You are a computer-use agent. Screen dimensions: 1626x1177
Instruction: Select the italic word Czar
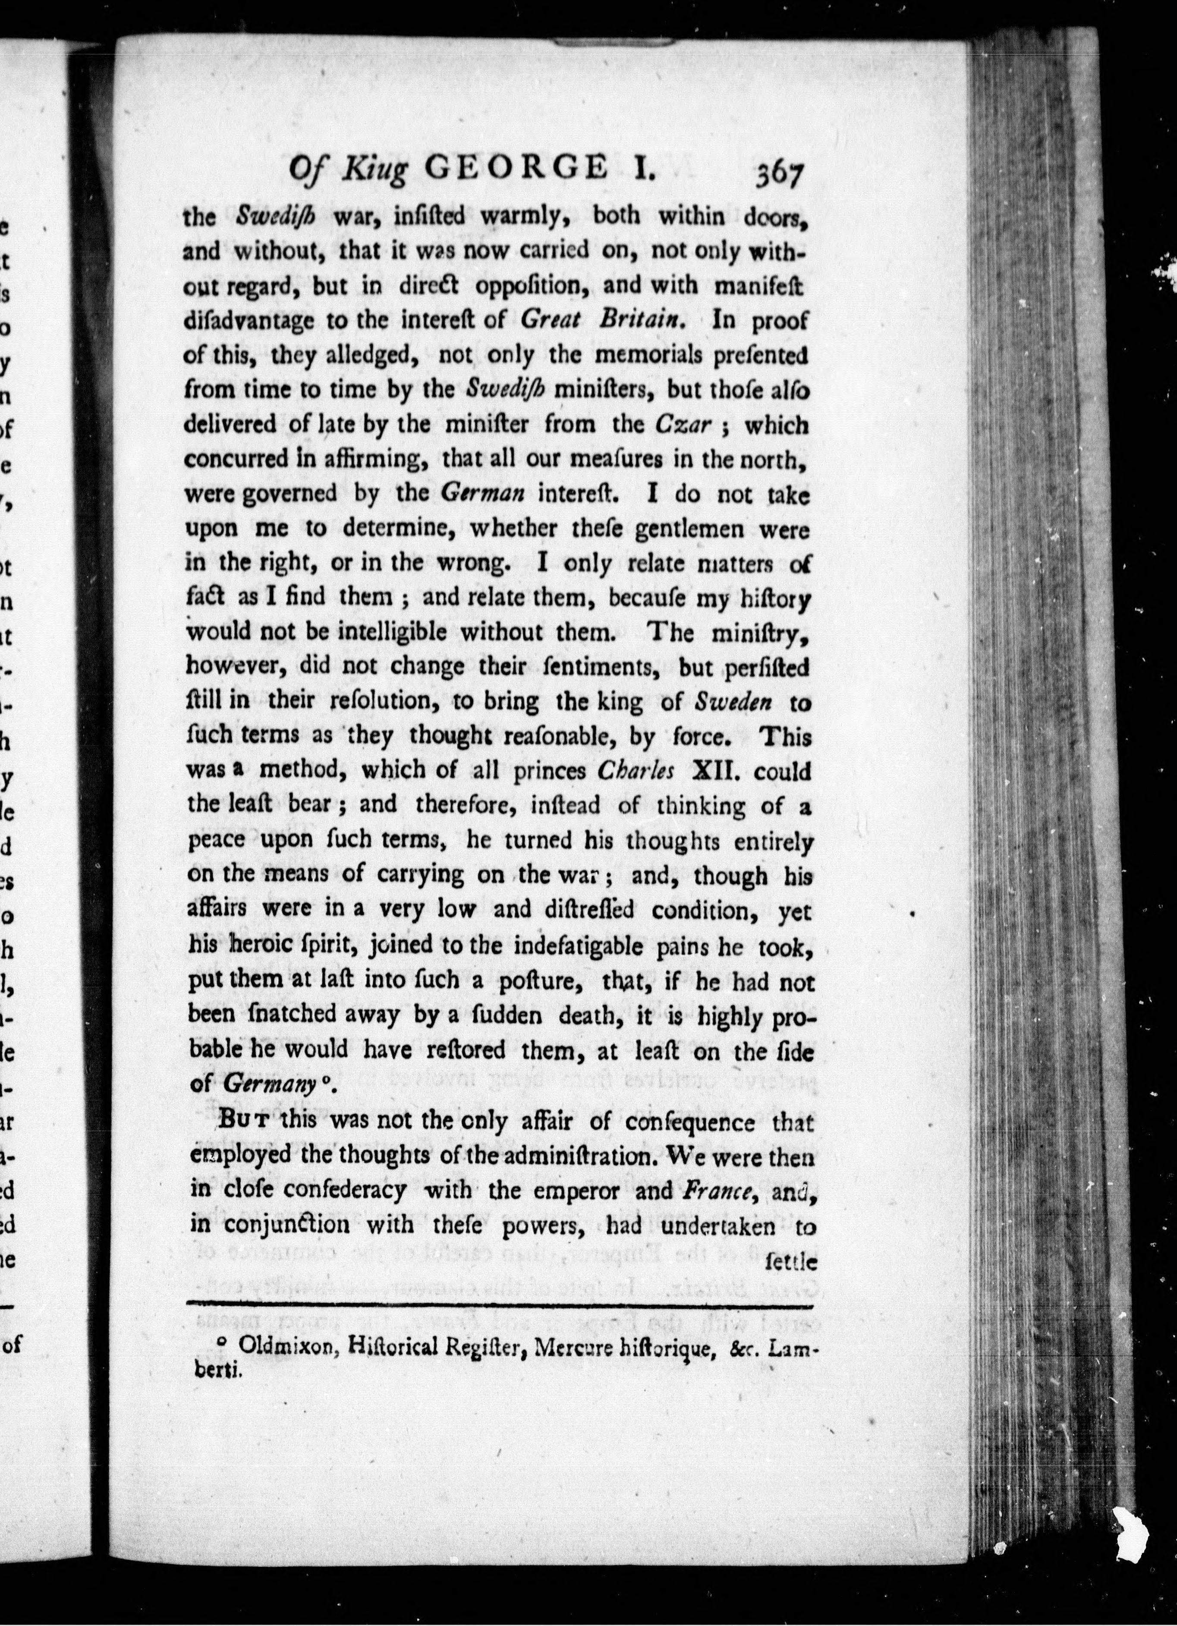pyautogui.click(x=683, y=425)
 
